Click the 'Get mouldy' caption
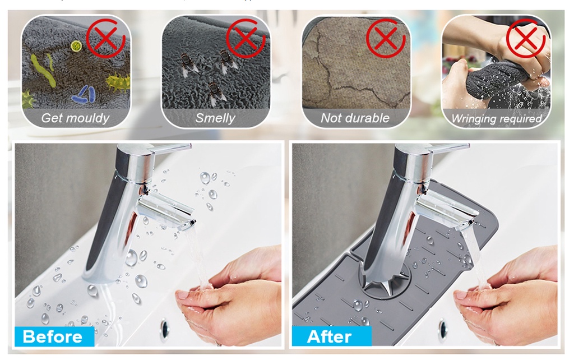tap(75, 118)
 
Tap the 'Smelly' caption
tap(215, 118)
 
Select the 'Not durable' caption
tap(355, 118)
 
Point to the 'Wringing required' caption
tap(496, 119)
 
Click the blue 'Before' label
tap(53, 336)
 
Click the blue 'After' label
tap(330, 336)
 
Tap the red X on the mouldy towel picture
tap(105, 39)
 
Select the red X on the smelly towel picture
tap(245, 39)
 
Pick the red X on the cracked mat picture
tap(385, 39)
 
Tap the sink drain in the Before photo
tap(166, 327)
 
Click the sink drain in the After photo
tap(443, 327)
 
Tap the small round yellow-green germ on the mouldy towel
tap(76, 45)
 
